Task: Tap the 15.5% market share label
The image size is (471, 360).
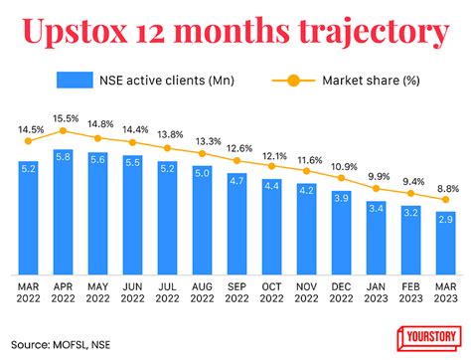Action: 63,117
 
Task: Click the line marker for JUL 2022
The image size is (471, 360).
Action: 167,148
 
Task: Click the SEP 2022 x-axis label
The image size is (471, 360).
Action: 236,292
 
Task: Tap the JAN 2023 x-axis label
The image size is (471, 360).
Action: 376,292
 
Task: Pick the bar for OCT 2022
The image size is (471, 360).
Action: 271,226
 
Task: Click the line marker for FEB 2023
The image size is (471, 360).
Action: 410,193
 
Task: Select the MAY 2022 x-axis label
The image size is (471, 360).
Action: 97,292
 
